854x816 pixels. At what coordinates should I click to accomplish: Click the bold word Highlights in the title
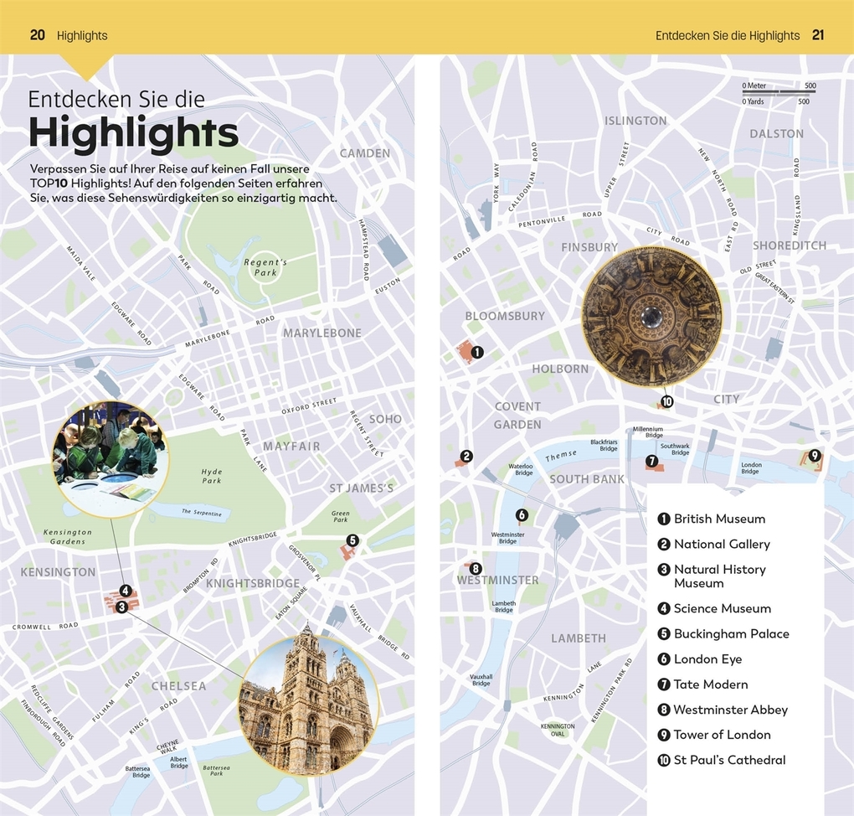click(134, 132)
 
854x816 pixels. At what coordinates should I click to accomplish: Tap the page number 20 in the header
click(37, 35)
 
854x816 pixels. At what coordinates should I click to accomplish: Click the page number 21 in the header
click(818, 35)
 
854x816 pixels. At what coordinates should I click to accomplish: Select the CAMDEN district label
click(365, 153)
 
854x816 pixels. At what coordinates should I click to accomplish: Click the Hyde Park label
click(212, 476)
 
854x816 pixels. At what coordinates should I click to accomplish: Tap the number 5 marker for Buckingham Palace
click(352, 540)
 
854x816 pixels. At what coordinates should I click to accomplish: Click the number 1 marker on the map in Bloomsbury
click(477, 353)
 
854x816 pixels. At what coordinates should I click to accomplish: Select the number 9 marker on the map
click(815, 456)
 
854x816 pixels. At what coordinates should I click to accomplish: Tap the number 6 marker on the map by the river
click(522, 515)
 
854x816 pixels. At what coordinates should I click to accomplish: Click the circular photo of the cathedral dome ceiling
click(651, 316)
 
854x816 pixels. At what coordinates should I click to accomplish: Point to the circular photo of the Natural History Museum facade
click(307, 704)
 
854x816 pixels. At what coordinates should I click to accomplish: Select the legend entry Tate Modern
click(710, 684)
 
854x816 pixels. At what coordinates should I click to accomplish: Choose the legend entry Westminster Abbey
click(730, 710)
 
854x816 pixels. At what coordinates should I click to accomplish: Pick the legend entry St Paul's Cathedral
click(729, 760)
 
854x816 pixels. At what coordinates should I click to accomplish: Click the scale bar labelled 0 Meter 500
click(779, 93)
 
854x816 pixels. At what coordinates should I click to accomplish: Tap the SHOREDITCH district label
click(789, 245)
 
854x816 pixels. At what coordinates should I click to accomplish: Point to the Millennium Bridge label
click(648, 432)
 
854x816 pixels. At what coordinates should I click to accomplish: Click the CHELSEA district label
click(178, 686)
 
